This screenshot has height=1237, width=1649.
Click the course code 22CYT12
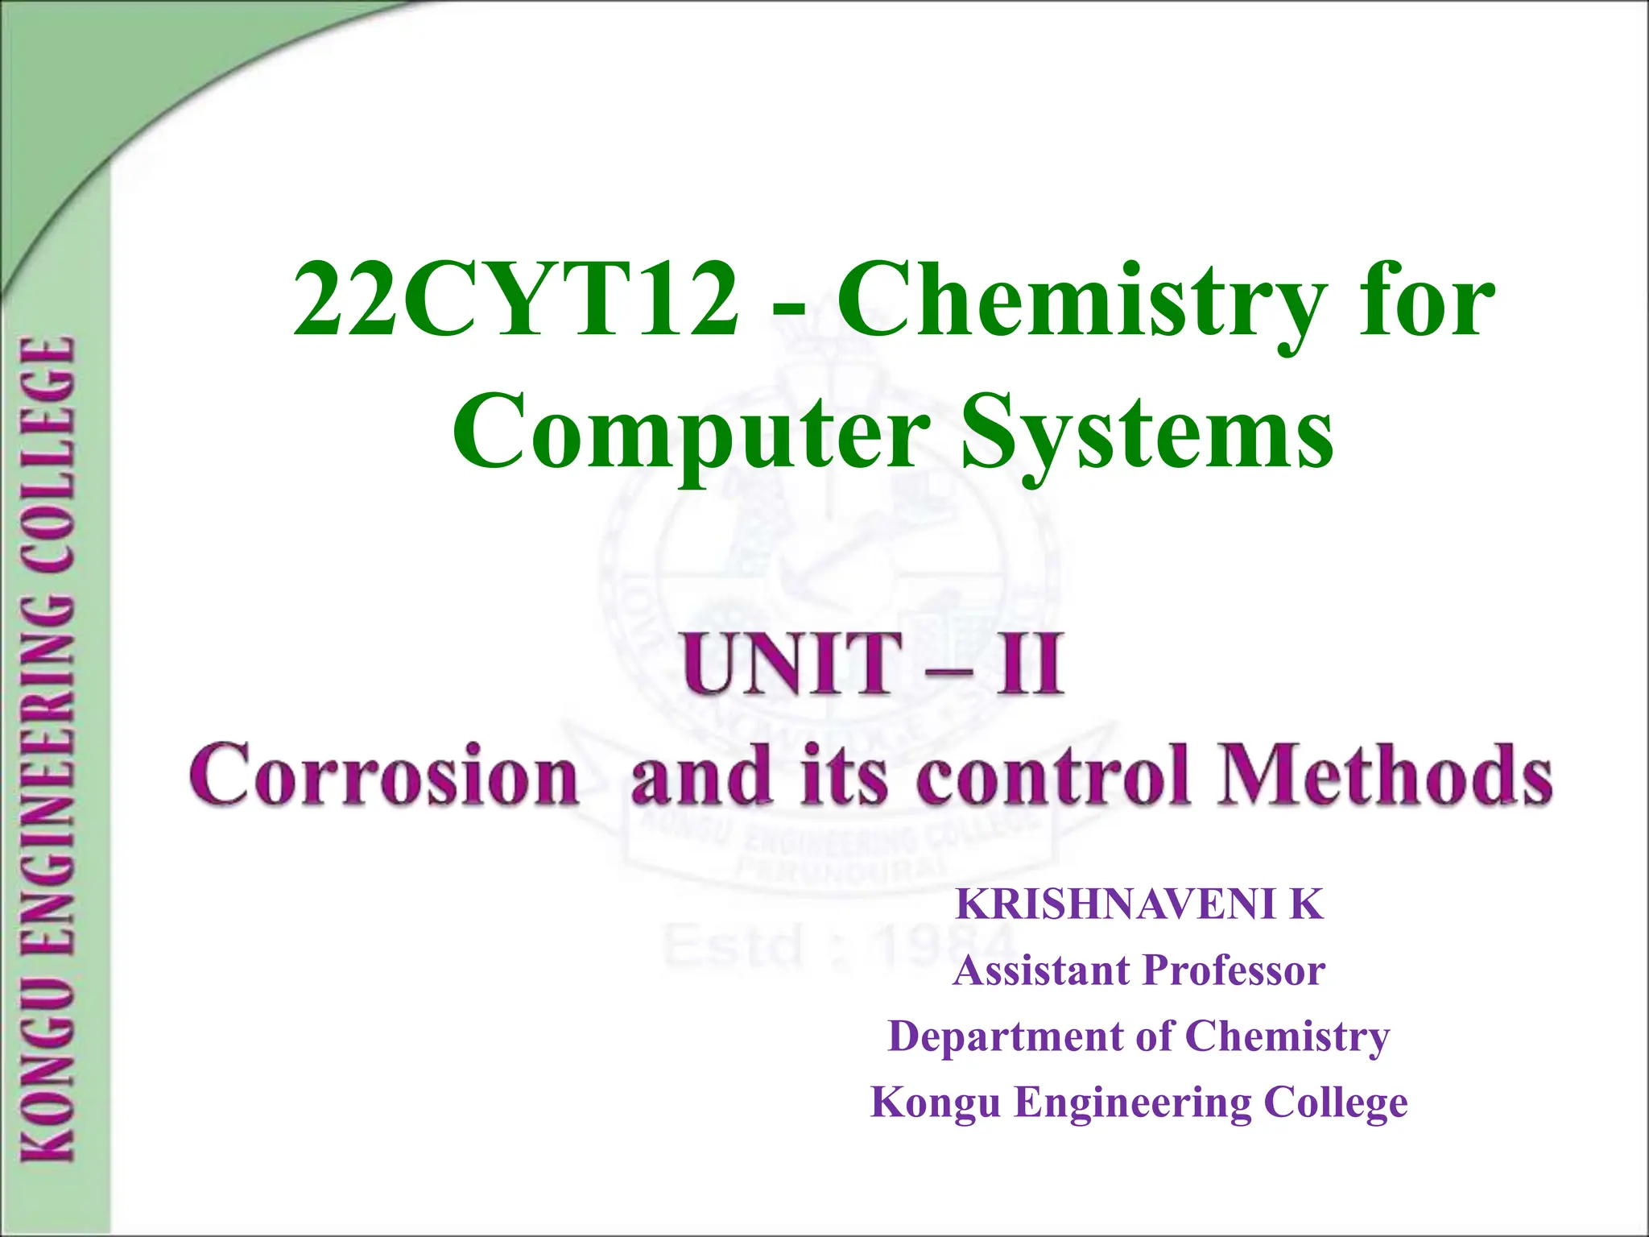(515, 301)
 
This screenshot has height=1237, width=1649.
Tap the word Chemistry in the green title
(1080, 301)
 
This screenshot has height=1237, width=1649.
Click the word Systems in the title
(1147, 435)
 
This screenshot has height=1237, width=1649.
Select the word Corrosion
(384, 775)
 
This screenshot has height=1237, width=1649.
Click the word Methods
(1384, 775)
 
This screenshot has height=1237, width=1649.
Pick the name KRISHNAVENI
(1116, 905)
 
